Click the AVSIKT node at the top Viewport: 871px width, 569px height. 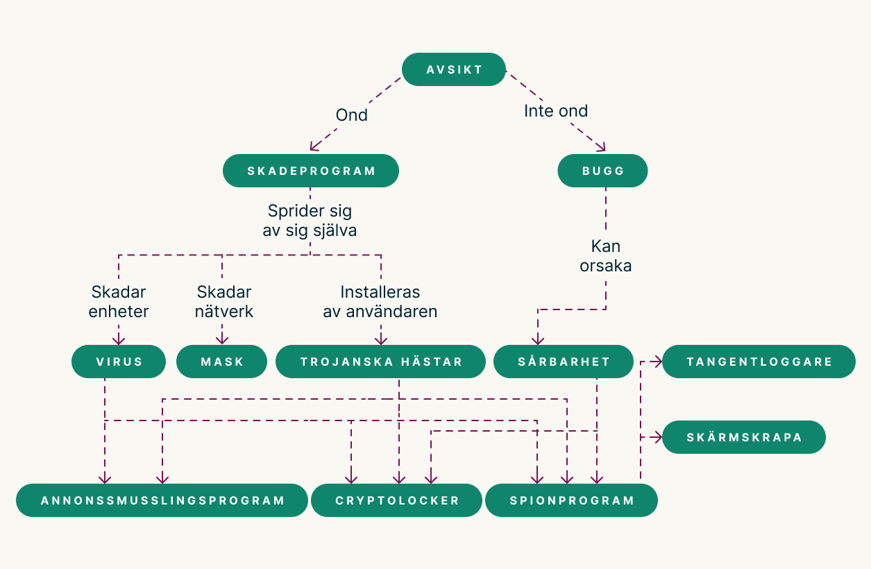tap(454, 69)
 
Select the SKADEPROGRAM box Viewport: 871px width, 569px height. tap(311, 171)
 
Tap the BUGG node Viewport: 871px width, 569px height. tap(602, 171)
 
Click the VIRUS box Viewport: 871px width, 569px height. tap(119, 362)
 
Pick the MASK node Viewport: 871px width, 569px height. tap(221, 362)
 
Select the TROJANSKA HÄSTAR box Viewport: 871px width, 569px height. tap(380, 362)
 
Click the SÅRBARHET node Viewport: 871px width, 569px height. tap(564, 362)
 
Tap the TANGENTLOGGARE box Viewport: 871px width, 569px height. tap(759, 362)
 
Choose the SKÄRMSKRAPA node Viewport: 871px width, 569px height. tap(743, 437)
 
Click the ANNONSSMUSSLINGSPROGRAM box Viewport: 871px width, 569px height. tap(162, 500)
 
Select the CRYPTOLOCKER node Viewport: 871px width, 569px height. tap(396, 500)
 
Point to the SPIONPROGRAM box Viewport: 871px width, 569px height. tap(571, 500)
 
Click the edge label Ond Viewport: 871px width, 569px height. tap(351, 115)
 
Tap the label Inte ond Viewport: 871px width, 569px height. tap(555, 111)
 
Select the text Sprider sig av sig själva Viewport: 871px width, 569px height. tap(310, 221)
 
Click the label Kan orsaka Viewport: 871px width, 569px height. tap(605, 255)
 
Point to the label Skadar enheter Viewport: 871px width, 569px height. tap(119, 302)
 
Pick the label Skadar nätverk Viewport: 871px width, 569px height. tap(223, 302)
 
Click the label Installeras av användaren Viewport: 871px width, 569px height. tap(380, 302)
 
